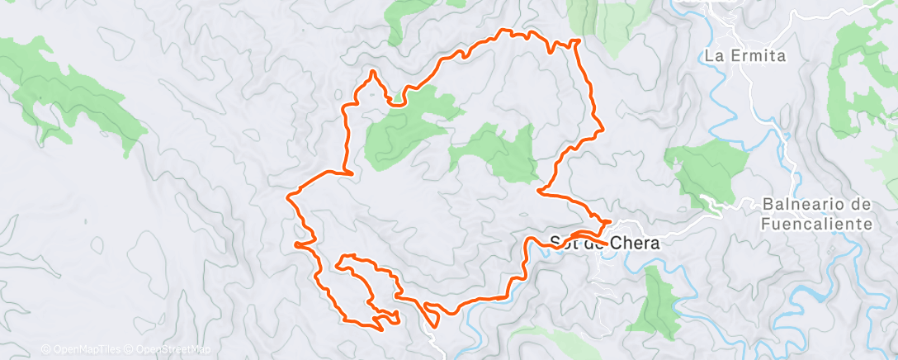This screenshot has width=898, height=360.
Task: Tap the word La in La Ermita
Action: pyautogui.click(x=715, y=56)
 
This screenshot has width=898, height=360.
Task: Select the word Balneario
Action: pyautogui.click(x=806, y=204)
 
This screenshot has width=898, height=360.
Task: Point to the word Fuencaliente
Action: pyautogui.click(x=818, y=224)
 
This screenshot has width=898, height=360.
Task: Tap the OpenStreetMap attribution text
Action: pyautogui.click(x=168, y=349)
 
